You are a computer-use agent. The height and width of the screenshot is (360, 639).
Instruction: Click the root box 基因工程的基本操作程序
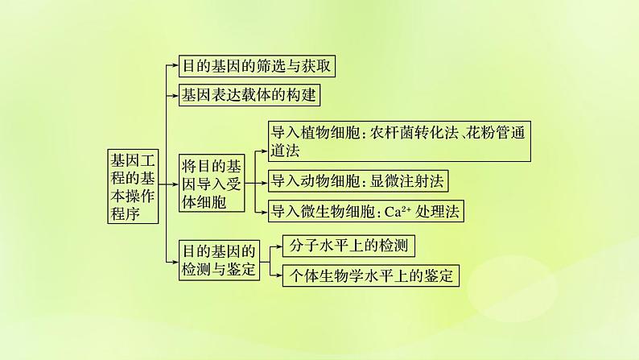point(134,185)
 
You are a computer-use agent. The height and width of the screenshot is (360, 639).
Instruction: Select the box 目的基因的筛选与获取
point(255,66)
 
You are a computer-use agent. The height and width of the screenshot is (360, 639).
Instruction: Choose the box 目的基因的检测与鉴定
point(219,259)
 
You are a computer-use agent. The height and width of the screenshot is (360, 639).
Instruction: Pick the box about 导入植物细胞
point(398,141)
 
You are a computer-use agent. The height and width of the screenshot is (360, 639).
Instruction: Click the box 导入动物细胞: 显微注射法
point(357,182)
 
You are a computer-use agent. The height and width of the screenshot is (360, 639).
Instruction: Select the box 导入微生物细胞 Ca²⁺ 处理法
point(366,212)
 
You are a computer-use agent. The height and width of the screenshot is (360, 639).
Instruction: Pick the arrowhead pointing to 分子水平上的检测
point(278,246)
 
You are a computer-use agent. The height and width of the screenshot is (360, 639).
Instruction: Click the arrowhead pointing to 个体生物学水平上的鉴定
point(278,275)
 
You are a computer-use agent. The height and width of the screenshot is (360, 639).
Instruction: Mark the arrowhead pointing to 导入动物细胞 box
point(263,182)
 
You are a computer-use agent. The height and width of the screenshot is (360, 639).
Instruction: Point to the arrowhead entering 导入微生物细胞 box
point(263,212)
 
